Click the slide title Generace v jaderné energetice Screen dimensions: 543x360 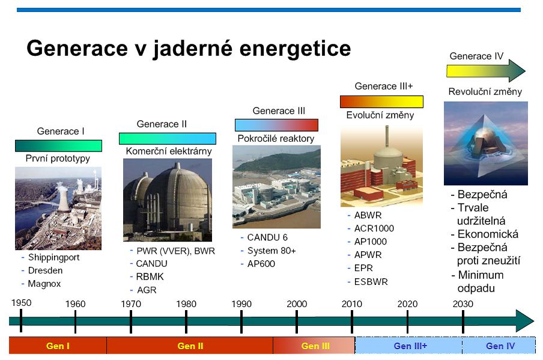tap(189, 48)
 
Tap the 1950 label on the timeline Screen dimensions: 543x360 tap(21, 303)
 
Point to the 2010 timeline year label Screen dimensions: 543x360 tap(352, 304)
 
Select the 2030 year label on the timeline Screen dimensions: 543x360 tap(463, 304)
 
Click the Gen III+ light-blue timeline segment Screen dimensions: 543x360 tap(408, 346)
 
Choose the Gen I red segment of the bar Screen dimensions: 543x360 tap(58, 346)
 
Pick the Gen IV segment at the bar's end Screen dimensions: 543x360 tap(499, 346)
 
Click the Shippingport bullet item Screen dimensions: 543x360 tap(53, 257)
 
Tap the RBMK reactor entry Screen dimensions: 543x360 tap(150, 276)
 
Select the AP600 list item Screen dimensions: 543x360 tap(261, 264)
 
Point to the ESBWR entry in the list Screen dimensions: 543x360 tap(371, 282)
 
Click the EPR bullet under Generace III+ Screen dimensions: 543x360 tap(363, 268)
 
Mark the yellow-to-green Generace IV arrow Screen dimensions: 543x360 tap(486, 71)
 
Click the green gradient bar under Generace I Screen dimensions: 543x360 tap(58, 145)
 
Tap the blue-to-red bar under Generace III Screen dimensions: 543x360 tap(276, 125)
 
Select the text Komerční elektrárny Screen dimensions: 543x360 tap(169, 151)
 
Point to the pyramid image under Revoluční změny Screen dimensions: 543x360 tap(486, 143)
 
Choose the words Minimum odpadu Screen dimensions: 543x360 tap(481, 281)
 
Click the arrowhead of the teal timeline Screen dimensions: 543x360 tap(525, 321)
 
